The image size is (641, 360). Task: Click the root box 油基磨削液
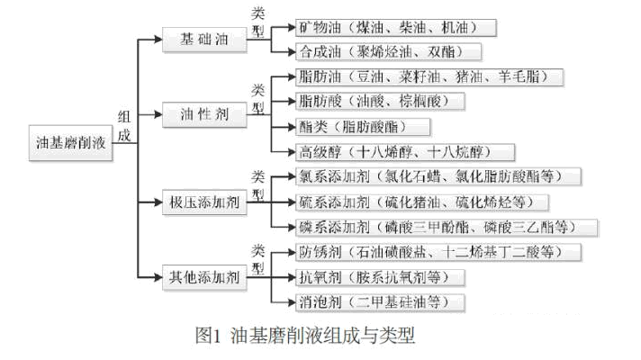pyautogui.click(x=71, y=143)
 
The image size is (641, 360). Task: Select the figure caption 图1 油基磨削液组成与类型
pyautogui.click(x=305, y=337)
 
